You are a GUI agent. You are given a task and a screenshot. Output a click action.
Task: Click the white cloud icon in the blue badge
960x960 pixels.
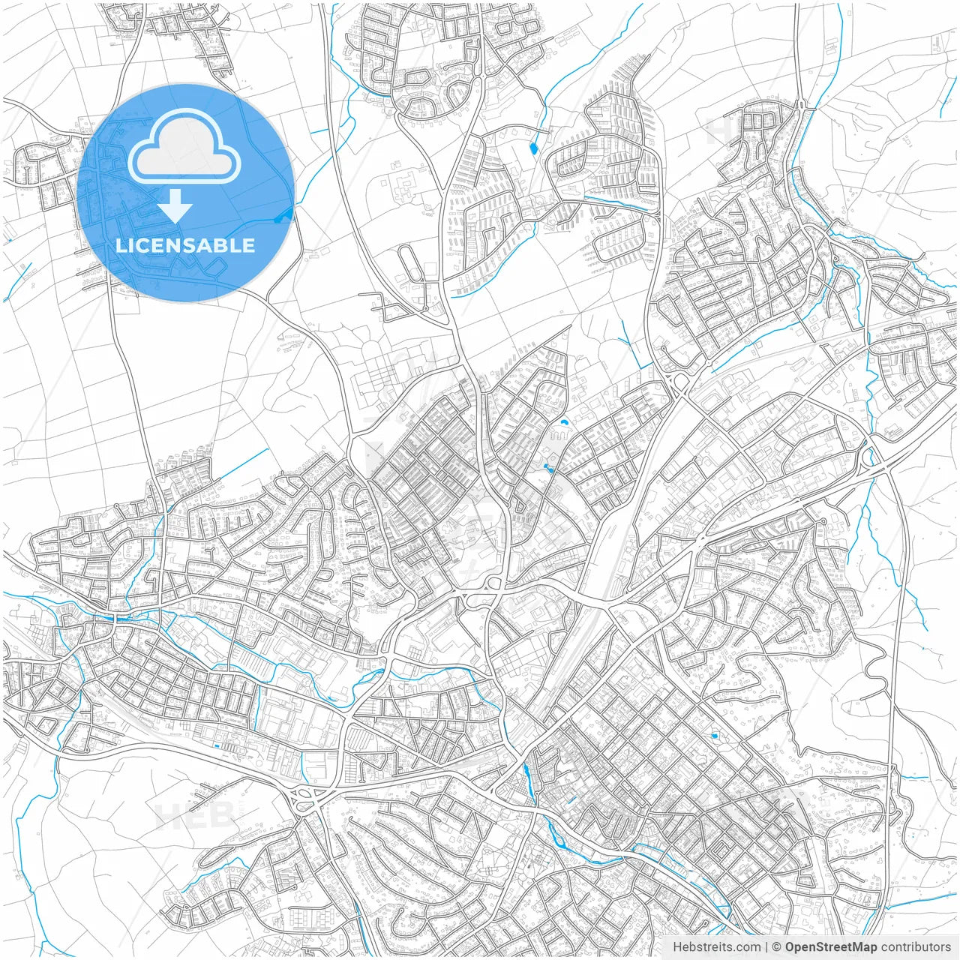coord(184,146)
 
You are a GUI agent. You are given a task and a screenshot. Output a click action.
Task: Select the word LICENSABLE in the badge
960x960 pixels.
coord(185,245)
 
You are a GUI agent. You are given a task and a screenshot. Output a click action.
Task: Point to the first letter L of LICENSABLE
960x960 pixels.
coord(120,245)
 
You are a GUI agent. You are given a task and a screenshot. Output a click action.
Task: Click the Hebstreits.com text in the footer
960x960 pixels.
coord(716,947)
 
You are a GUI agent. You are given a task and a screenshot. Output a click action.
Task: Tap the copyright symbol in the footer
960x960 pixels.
coord(778,947)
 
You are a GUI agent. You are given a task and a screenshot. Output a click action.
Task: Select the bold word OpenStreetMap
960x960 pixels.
coord(830,947)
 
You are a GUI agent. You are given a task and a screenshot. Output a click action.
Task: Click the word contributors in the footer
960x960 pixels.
coord(916,947)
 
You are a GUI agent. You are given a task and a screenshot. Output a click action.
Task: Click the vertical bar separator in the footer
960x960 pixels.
coord(767,947)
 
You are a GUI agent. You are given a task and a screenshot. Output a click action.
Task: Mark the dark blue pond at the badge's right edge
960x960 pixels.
coord(283,217)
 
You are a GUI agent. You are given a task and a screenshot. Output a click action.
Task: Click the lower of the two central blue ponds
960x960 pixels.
coord(549,469)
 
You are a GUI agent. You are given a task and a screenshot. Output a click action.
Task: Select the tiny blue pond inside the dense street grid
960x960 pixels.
coord(714,736)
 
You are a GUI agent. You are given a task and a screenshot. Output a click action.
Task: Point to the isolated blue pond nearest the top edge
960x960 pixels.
coord(533,148)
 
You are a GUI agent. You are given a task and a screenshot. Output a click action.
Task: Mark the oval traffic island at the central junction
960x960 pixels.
coord(493,583)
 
